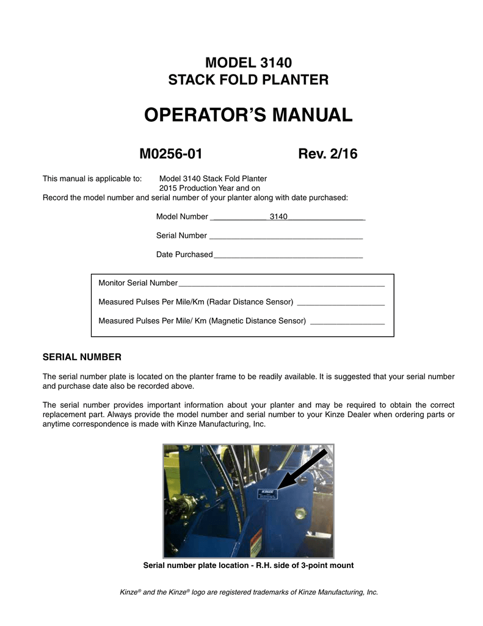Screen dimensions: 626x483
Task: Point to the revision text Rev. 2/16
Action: (327, 154)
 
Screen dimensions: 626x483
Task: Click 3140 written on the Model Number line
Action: (278, 216)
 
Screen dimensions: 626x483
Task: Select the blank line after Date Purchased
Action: (288, 255)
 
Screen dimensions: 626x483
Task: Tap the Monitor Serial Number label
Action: (138, 284)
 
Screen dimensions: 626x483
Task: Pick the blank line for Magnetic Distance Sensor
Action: (347, 321)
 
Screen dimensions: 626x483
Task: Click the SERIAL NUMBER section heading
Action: (82, 356)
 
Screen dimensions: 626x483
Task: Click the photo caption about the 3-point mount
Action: (248, 565)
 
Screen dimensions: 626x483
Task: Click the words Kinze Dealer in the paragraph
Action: (361, 416)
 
